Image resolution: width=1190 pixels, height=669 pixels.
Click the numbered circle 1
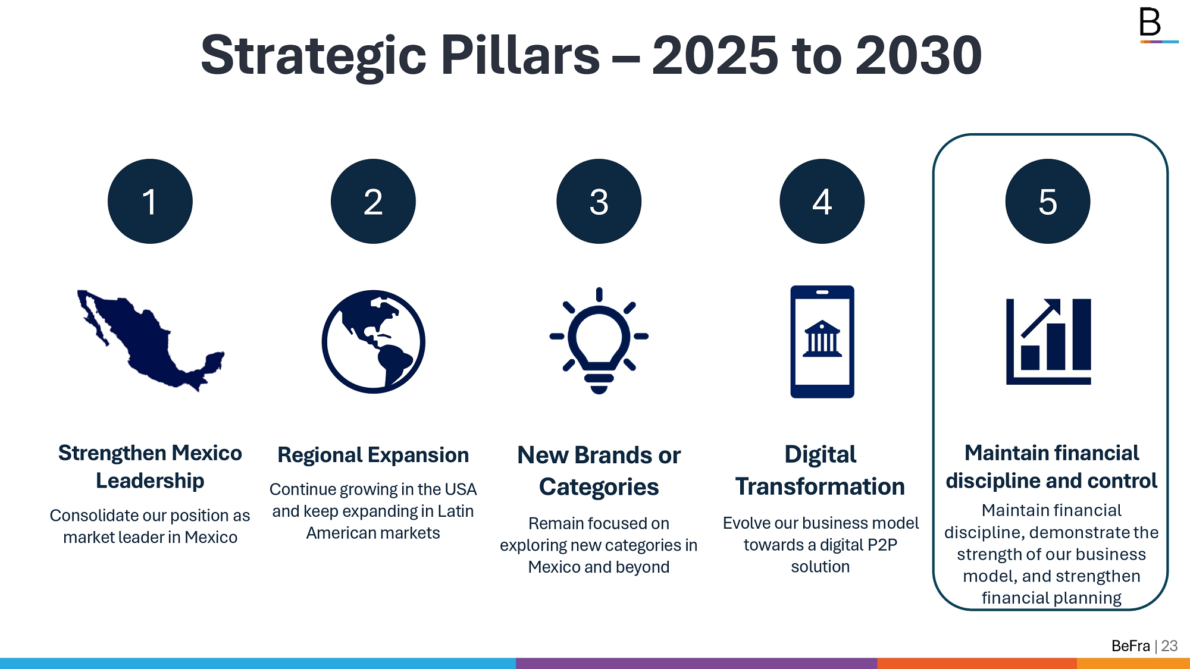[150, 201]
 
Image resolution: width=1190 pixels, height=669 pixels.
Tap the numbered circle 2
[373, 201]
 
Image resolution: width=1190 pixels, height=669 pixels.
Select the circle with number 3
[599, 201]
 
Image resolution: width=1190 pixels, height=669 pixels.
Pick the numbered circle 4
[822, 201]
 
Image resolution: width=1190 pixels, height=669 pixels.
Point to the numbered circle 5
[1047, 201]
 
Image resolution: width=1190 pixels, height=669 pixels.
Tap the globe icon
[373, 341]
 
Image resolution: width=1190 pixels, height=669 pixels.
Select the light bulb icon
[599, 341]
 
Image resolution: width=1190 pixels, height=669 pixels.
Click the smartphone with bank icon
[822, 341]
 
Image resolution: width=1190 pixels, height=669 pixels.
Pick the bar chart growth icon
[1048, 341]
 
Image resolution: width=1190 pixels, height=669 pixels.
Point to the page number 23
[1169, 646]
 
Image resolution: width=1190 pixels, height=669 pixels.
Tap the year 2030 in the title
[919, 55]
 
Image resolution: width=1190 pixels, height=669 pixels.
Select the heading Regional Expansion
[373, 455]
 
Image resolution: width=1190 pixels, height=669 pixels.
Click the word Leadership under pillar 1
[150, 480]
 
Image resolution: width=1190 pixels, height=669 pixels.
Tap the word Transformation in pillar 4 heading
[820, 486]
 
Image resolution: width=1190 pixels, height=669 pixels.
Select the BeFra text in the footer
[1130, 646]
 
